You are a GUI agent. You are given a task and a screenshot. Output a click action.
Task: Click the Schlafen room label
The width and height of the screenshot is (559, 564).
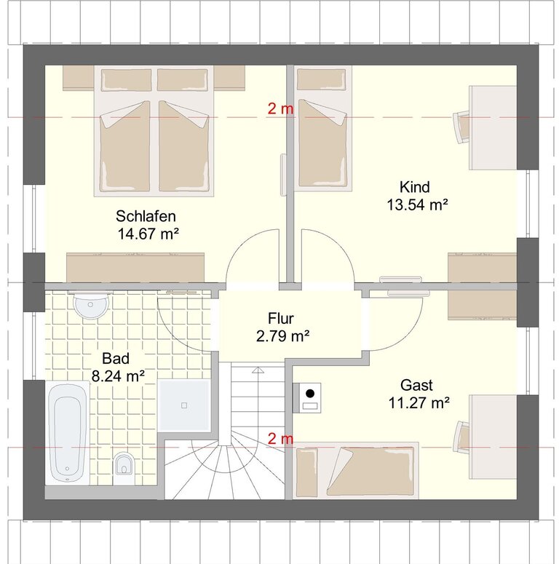(146, 216)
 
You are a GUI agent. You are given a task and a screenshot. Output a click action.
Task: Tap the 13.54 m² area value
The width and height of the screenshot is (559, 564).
(417, 205)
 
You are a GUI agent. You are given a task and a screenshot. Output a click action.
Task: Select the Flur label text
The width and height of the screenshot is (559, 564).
(280, 318)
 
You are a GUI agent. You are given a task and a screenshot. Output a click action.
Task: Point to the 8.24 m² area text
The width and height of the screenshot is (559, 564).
(118, 376)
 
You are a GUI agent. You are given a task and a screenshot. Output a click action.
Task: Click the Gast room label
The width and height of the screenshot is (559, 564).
(416, 385)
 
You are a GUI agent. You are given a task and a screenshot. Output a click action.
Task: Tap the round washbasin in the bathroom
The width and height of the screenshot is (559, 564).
(91, 305)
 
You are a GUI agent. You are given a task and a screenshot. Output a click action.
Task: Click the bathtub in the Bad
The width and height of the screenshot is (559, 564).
(67, 433)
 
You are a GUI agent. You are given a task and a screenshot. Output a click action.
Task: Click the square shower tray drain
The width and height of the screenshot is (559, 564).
(184, 405)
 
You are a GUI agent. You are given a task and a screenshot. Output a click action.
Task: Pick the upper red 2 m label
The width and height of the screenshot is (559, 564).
(280, 108)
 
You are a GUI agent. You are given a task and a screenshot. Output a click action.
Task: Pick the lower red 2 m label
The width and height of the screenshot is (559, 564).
(280, 439)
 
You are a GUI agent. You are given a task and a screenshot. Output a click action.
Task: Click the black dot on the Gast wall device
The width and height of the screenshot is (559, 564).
(310, 393)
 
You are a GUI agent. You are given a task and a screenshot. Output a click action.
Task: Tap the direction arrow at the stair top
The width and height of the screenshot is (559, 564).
(258, 370)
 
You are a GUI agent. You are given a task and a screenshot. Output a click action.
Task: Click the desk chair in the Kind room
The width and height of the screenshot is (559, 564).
(461, 127)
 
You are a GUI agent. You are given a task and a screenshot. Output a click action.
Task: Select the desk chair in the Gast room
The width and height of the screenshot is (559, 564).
(461, 437)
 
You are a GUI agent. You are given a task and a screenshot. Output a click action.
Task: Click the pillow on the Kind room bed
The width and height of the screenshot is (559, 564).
(321, 79)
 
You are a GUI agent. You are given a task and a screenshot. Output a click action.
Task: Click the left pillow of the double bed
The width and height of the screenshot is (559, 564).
(126, 80)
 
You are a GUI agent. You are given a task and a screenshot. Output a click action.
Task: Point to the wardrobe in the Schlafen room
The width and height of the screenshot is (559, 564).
(135, 268)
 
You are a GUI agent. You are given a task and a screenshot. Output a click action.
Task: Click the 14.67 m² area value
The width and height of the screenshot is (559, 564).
(148, 234)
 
